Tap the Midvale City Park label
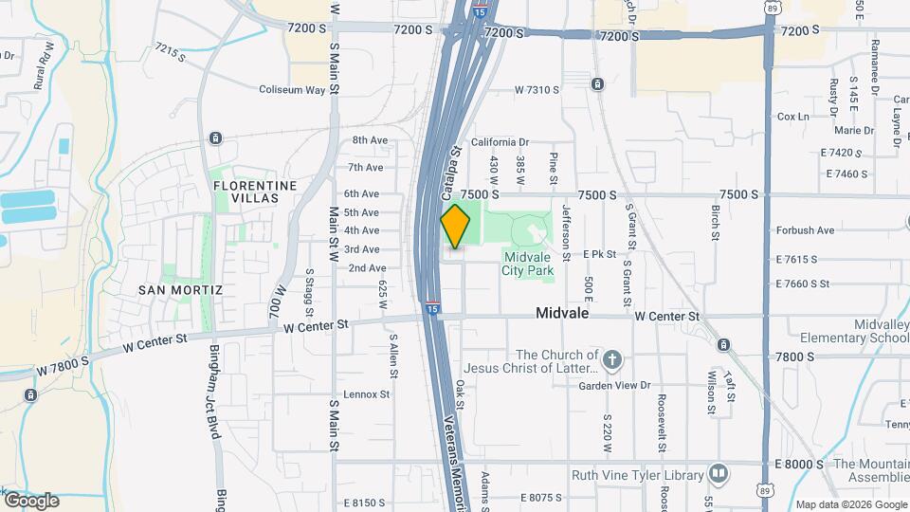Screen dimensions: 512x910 [528, 263]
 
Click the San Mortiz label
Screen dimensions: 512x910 [180, 289]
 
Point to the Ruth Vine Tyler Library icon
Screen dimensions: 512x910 [719, 473]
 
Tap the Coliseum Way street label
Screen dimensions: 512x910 [292, 90]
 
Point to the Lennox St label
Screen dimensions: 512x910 [367, 393]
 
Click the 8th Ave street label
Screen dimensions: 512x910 [370, 140]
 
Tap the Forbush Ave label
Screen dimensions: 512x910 [805, 229]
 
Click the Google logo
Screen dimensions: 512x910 [30, 500]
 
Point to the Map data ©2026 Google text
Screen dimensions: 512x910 [850, 504]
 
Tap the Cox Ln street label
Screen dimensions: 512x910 [792, 117]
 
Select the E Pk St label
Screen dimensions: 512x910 [599, 254]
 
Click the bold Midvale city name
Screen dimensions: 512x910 [563, 313]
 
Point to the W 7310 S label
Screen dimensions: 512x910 [537, 89]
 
